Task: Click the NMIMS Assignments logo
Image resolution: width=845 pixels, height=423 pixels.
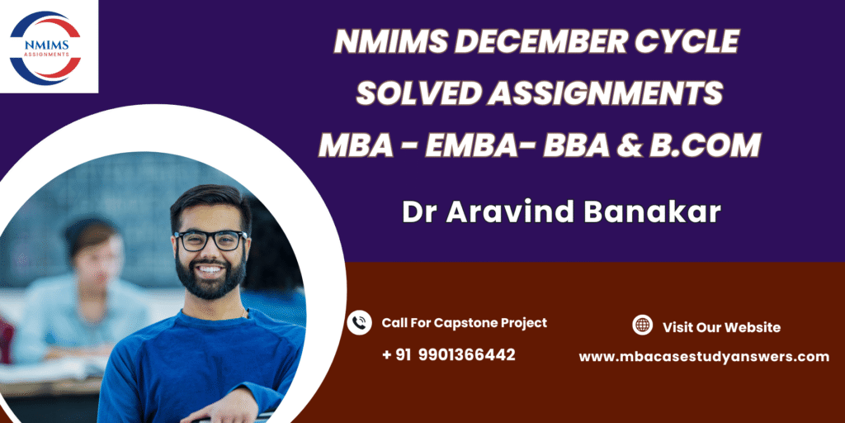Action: [45, 48]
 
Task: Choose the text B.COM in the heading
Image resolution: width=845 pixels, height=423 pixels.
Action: [705, 145]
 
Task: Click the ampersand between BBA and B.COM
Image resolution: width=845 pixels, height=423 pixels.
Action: [631, 145]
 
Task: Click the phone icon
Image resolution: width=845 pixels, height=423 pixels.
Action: [360, 323]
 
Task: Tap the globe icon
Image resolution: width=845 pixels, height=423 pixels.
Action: [642, 325]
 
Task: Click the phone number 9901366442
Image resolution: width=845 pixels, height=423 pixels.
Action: [466, 355]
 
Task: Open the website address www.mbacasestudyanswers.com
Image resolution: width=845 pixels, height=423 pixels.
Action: [704, 357]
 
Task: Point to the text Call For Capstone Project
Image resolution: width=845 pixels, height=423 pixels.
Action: [465, 323]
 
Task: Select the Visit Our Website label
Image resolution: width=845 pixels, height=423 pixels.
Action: [721, 327]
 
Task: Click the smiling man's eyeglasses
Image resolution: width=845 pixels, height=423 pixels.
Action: [210, 240]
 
